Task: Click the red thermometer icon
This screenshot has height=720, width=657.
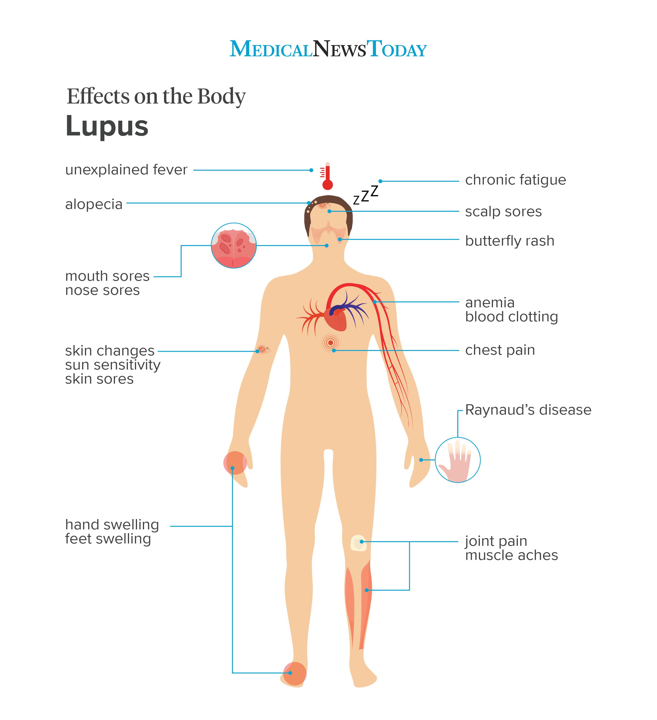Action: tap(327, 177)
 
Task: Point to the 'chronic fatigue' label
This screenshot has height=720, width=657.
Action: tap(515, 180)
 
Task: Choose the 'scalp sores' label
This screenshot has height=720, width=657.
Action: tap(503, 212)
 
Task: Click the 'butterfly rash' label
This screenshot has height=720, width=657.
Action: tap(510, 241)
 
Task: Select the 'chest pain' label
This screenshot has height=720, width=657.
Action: tap(500, 350)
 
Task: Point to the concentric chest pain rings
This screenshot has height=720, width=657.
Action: tap(331, 343)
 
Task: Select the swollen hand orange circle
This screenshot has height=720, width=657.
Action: tap(235, 463)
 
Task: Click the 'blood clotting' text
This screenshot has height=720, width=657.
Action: tap(511, 317)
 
